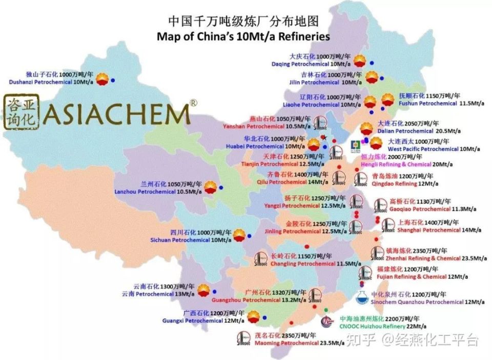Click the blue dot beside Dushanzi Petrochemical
(x=112, y=80)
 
